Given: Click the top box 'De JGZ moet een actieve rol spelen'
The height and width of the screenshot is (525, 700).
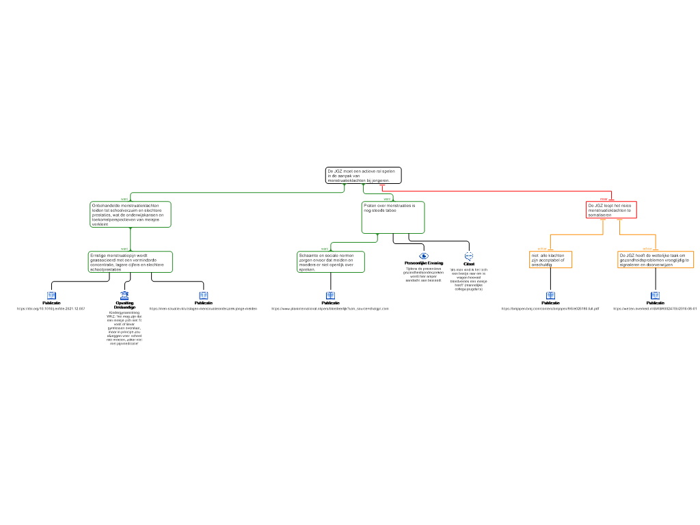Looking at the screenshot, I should (363, 176).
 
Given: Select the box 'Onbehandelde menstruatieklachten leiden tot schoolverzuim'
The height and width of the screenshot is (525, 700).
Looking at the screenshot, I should (130, 214).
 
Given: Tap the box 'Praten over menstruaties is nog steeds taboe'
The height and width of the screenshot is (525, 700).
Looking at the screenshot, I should (392, 217).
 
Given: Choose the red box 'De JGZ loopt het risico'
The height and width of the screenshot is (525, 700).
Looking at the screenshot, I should (611, 210).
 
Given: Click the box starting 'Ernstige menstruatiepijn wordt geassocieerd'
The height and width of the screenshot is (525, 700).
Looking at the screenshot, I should (130, 262).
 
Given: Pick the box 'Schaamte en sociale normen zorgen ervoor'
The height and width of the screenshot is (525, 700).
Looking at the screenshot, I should (330, 262).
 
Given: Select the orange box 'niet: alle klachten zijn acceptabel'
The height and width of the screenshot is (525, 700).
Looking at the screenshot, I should (550, 260).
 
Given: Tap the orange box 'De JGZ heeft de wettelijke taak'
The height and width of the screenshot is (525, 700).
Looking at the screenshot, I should (655, 260).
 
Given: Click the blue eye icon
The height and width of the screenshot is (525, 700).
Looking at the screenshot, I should (424, 256).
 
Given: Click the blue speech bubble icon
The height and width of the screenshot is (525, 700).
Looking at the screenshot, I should (469, 256).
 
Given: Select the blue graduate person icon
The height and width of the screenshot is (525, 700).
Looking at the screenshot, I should (124, 296).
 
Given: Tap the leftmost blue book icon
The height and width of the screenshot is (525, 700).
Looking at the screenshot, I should (51, 296).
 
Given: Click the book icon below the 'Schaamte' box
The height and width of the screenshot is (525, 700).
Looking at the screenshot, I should (331, 296).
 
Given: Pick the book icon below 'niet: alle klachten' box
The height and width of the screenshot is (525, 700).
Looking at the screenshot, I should (550, 296).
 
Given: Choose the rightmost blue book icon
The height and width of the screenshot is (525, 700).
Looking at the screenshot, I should (655, 296).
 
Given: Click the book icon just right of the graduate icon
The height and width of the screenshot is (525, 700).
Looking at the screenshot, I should (204, 296).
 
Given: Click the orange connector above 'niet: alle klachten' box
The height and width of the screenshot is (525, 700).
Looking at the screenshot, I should (574, 235).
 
